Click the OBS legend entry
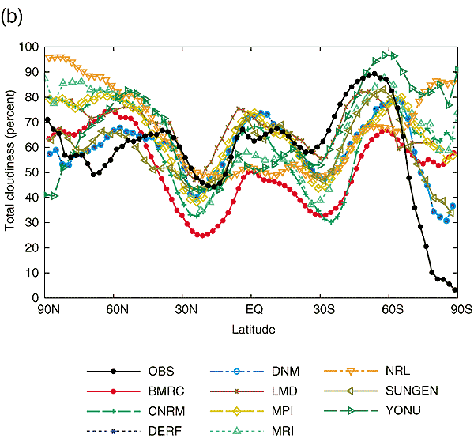click(x=160, y=370)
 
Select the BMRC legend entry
click(x=164, y=391)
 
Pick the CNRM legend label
click(x=164, y=410)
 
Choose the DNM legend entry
click(x=284, y=370)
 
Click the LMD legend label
click(x=284, y=391)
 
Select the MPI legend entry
click(x=282, y=410)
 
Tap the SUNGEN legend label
click(x=410, y=391)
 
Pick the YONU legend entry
click(x=404, y=410)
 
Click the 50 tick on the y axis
click(x=34, y=172)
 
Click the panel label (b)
click(x=13, y=17)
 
